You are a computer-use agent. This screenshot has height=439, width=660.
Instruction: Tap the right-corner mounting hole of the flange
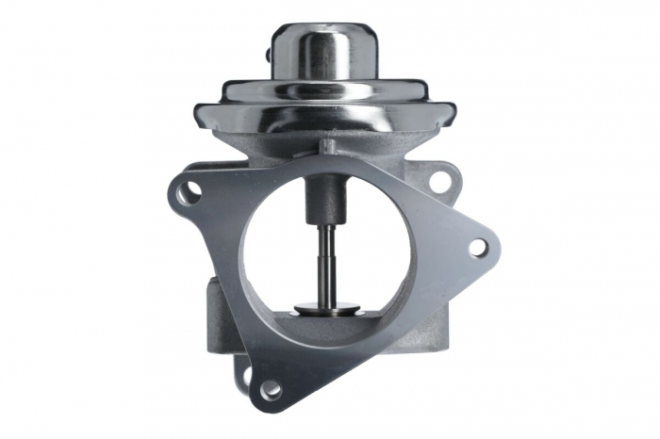coord(478,248)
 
